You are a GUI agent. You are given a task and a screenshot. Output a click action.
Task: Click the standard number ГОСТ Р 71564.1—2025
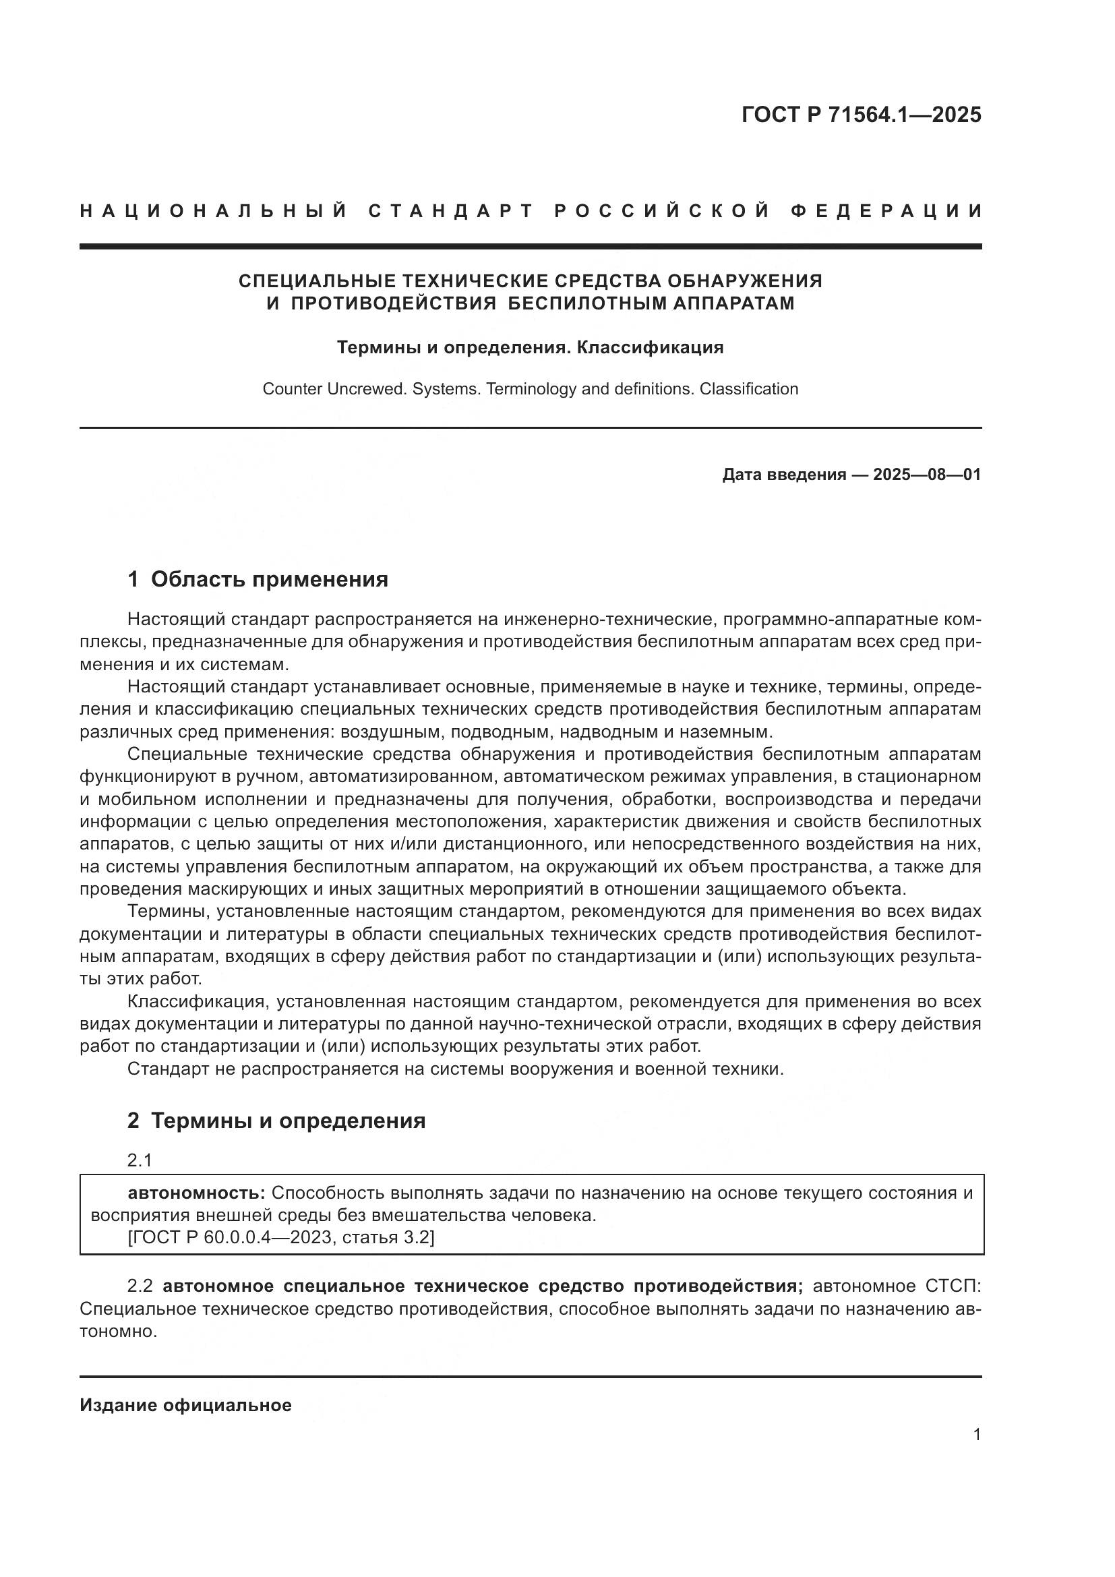(861, 115)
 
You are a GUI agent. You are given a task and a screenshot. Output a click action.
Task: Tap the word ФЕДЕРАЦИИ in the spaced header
(886, 212)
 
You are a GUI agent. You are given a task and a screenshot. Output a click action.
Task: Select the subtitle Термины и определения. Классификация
(530, 347)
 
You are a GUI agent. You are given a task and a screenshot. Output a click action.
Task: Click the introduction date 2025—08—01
(926, 475)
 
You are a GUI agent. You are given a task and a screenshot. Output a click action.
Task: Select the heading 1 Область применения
(258, 580)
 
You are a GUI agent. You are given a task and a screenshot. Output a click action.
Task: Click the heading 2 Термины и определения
(276, 1121)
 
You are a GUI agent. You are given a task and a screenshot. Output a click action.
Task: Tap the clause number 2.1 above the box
(140, 1160)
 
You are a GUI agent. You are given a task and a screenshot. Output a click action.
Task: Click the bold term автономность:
(196, 1193)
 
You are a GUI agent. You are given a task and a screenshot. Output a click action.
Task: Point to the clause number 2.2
(142, 1286)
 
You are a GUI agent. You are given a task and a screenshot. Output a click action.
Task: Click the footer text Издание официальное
(185, 1405)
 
